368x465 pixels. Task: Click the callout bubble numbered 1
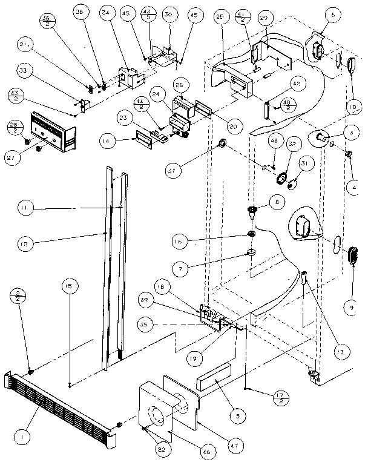[x=23, y=435]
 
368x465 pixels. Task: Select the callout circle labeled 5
[x=237, y=416]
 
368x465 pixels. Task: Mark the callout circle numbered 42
[x=297, y=84]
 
